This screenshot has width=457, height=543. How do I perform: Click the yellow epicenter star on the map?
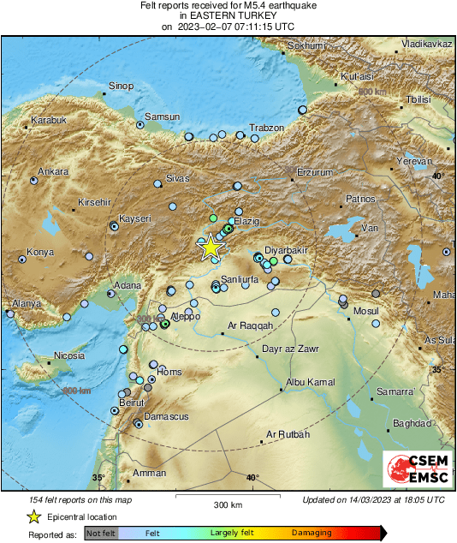pyautogui.click(x=211, y=247)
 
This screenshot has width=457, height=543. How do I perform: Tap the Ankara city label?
pyautogui.click(x=52, y=171)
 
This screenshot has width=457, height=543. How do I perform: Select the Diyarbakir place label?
pyautogui.click(x=285, y=242)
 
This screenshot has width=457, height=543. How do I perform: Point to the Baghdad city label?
pyautogui.click(x=412, y=424)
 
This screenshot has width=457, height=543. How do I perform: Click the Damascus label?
pyautogui.click(x=142, y=416)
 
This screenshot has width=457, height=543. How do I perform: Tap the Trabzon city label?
pyautogui.click(x=265, y=128)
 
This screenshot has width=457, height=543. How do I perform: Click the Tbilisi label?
pyautogui.click(x=418, y=99)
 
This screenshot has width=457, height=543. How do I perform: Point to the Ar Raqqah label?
pyautogui.click(x=250, y=325)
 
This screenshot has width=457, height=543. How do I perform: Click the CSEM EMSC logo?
pyautogui.click(x=413, y=468)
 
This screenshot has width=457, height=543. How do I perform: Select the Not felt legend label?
pyautogui.click(x=100, y=533)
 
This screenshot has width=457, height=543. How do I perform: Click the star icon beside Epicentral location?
pyautogui.click(x=33, y=516)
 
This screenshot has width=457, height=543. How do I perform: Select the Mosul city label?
pyautogui.click(x=365, y=311)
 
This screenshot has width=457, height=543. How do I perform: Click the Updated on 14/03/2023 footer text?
pyautogui.click(x=373, y=499)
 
